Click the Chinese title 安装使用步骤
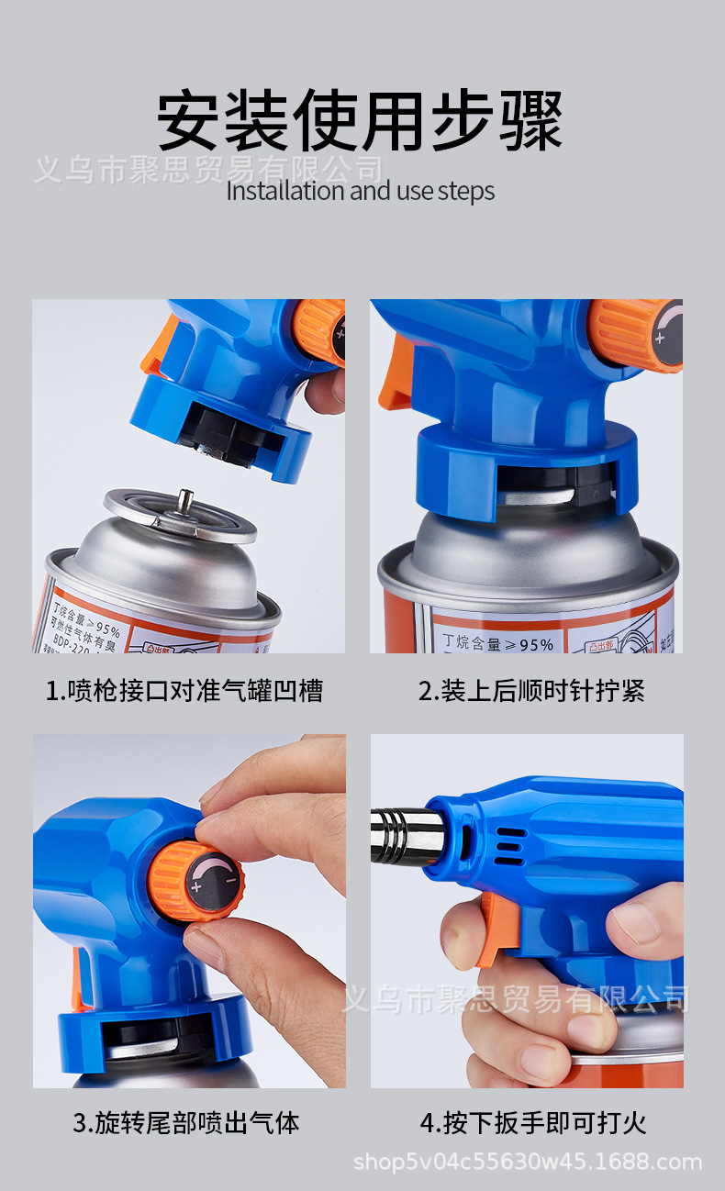point(360,120)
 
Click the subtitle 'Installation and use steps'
point(360,191)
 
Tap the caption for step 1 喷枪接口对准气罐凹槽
point(184,690)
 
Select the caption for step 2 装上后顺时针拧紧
point(531,690)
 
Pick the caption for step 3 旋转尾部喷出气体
point(186,1121)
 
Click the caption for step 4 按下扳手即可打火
point(533,1121)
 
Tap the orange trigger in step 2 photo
point(396,376)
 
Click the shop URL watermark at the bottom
point(528,1163)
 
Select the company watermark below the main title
point(208,169)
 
